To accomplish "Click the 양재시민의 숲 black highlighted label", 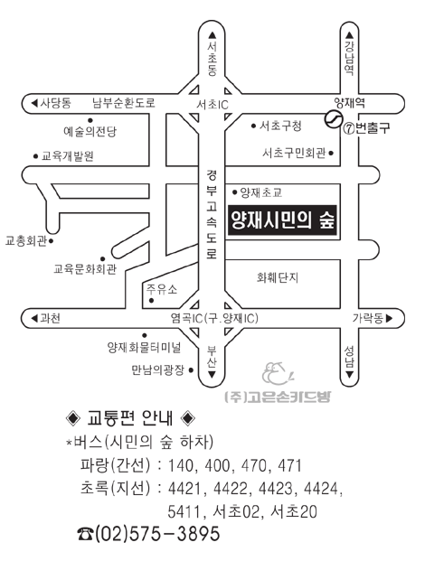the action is [282, 220].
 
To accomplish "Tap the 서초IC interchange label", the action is [212, 105].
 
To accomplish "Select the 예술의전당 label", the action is [90, 132].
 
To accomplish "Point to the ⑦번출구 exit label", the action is [366, 128].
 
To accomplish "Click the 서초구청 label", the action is [280, 126].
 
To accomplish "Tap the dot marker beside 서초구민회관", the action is [331, 154].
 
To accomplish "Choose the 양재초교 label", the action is [261, 192].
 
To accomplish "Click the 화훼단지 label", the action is [278, 277].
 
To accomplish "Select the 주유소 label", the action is [162, 289].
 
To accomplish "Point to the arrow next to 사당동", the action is [34, 103].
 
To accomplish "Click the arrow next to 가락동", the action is [390, 318].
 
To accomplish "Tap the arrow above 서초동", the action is [212, 35].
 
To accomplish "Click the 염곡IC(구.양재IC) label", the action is [214, 318].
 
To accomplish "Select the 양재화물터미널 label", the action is [145, 347].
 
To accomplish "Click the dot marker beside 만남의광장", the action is [191, 370].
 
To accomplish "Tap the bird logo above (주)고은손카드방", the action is [278, 374].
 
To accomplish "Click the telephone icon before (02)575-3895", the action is [86, 535].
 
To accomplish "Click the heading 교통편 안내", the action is [130, 418].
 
